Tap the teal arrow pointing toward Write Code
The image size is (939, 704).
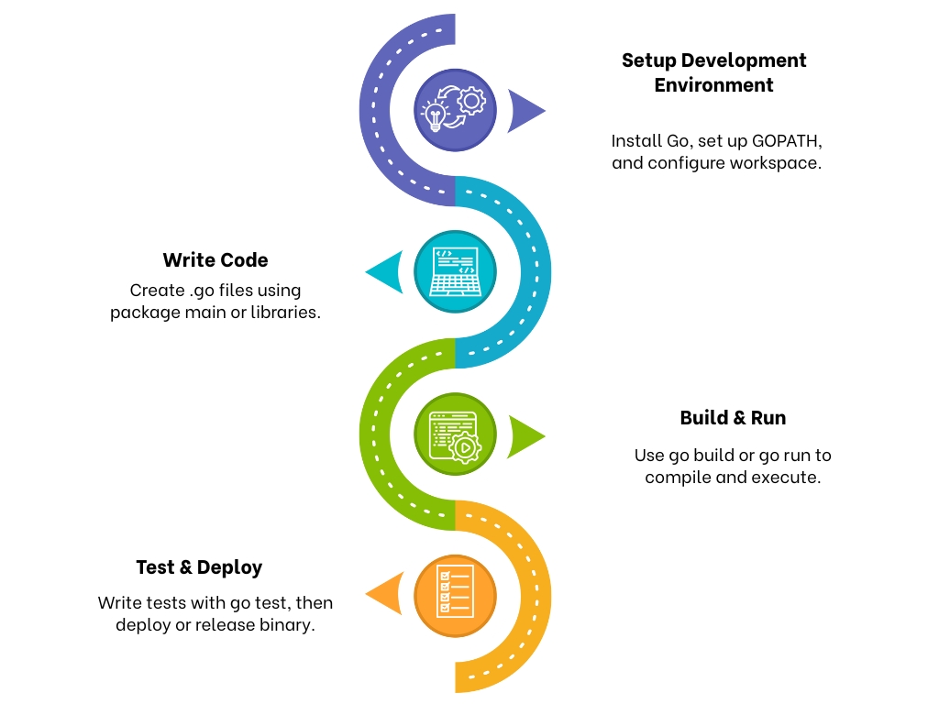coord(387,272)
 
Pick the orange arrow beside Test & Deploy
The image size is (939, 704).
coord(388,594)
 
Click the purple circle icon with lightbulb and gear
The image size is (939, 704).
coord(455,111)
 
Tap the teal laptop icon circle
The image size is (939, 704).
coord(455,272)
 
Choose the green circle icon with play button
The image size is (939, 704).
coord(455,434)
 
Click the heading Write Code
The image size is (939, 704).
coord(215,260)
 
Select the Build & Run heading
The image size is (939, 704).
coord(733,418)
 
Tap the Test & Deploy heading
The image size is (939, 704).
coord(199,567)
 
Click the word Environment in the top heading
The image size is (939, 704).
coord(713,85)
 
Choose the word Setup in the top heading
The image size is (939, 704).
coord(649,60)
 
